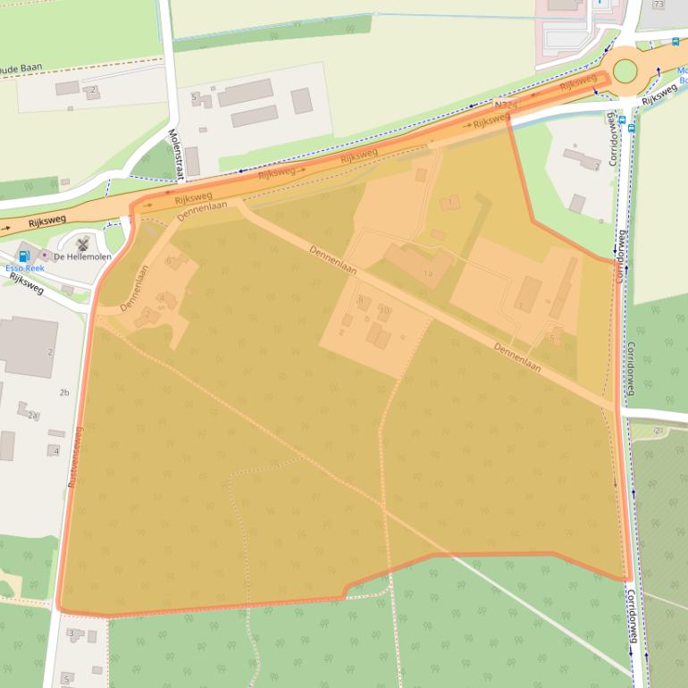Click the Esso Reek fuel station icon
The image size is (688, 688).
tap(24, 256)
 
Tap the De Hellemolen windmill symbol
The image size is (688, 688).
tap(83, 243)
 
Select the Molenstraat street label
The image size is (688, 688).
tap(173, 151)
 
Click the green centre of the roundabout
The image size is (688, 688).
tap(625, 71)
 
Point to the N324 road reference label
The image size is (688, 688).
tap(506, 105)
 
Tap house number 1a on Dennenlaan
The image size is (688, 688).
tap(427, 273)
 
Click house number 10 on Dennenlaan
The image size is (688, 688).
tap(385, 310)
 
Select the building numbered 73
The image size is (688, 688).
tap(659, 4)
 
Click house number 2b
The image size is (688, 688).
tap(63, 392)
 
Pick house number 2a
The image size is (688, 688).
tap(32, 415)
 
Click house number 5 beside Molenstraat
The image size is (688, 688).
tap(193, 96)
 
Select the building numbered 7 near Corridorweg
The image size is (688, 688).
tap(596, 165)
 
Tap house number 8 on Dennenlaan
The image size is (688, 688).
tap(360, 299)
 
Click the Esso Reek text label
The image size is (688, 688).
tap(24, 268)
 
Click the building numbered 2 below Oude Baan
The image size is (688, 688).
tap(92, 89)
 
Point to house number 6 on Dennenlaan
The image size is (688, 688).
tap(167, 260)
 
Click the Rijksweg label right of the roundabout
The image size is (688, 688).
tap(659, 91)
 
